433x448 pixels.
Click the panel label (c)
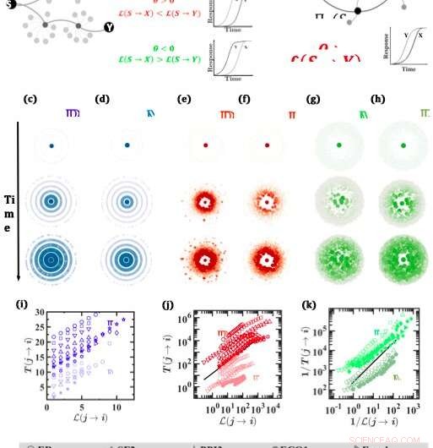[x=30, y=100]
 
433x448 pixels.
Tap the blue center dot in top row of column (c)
[x=51, y=146]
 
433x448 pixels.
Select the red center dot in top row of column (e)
[x=205, y=146]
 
